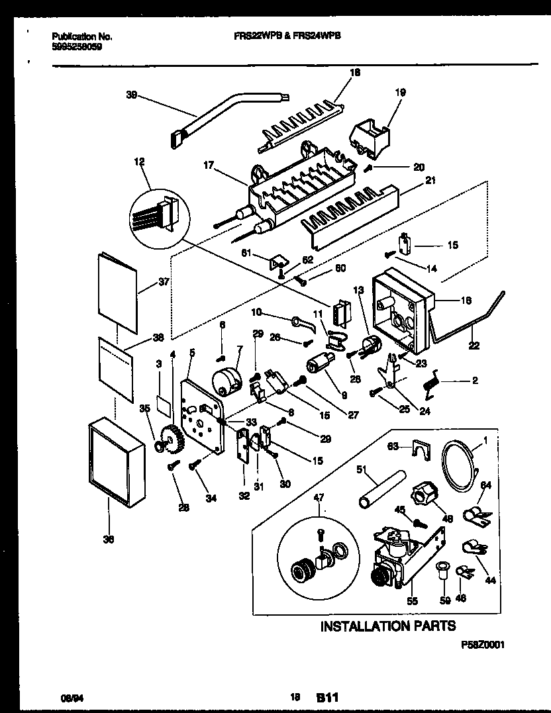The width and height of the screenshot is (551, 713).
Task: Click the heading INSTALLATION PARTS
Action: coord(388,626)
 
